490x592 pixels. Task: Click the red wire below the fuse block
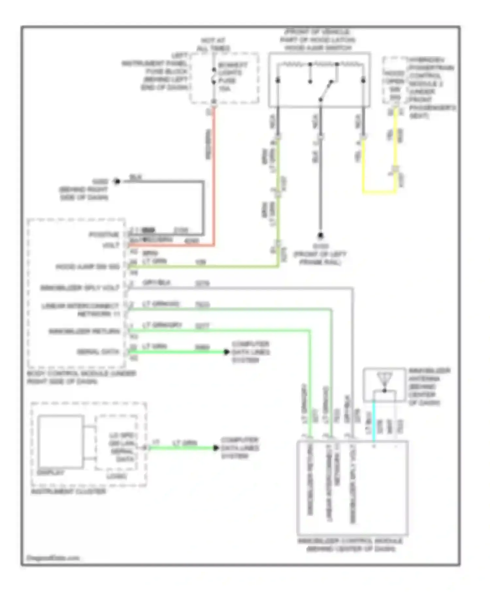pyautogui.click(x=214, y=176)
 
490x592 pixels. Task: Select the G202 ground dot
pyautogui.click(x=117, y=181)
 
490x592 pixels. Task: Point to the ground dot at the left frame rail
pyautogui.click(x=320, y=235)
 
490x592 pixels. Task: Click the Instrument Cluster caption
pyautogui.click(x=69, y=491)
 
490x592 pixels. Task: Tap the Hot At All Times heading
pyautogui.click(x=213, y=44)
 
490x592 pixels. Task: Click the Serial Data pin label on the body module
pyautogui.click(x=98, y=352)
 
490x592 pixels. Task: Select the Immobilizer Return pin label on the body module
pyautogui.click(x=84, y=332)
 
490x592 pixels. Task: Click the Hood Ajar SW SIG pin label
pyautogui.click(x=88, y=267)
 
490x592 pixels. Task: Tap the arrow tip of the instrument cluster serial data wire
pyautogui.click(x=216, y=448)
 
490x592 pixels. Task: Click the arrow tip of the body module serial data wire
pyautogui.click(x=226, y=352)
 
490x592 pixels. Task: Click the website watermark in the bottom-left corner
pyautogui.click(x=53, y=558)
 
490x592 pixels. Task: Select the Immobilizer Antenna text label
pyautogui.click(x=429, y=387)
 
